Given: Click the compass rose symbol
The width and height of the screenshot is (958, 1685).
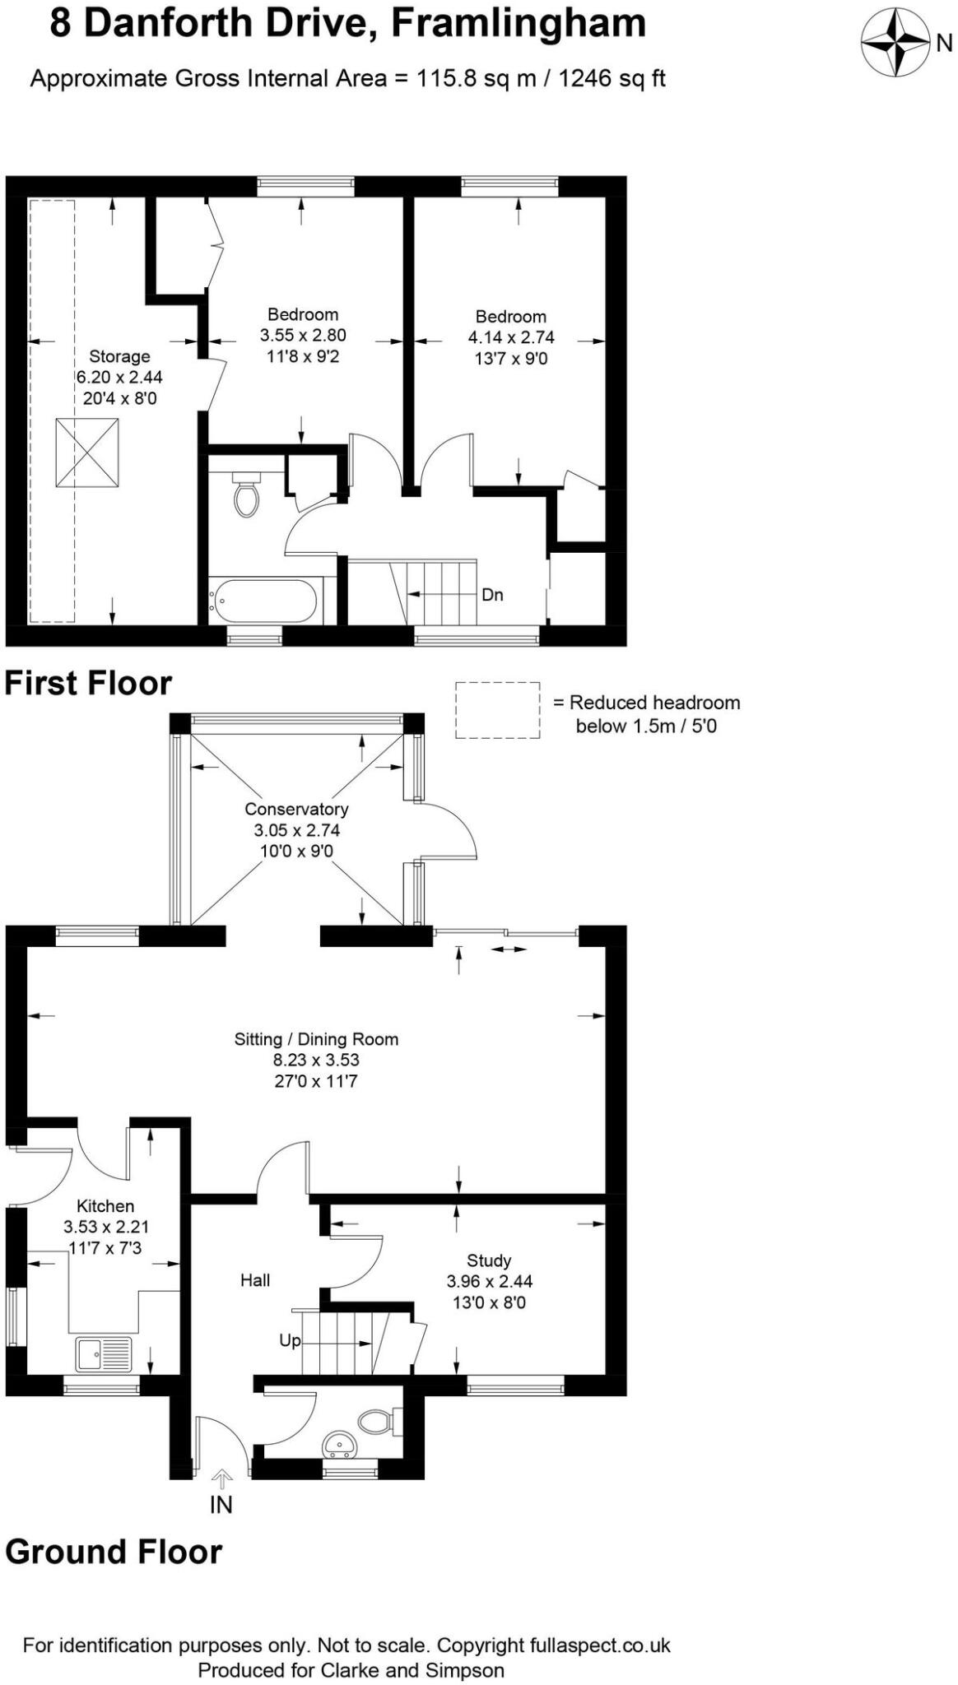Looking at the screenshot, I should [x=895, y=42].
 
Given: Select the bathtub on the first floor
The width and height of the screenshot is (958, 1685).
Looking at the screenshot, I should [x=263, y=601].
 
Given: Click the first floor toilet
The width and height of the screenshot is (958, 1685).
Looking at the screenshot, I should [x=245, y=494].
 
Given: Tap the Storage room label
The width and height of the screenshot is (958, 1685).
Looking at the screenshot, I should [x=119, y=356].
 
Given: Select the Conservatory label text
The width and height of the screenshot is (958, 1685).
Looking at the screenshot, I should [x=296, y=809].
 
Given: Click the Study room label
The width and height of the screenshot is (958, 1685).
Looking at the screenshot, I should [x=489, y=1260].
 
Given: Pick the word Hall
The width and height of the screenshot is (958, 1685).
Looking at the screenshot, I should [x=255, y=1279].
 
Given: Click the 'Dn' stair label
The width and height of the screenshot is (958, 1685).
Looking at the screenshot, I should [x=492, y=595].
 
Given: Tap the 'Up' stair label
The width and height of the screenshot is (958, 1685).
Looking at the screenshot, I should [x=290, y=1340].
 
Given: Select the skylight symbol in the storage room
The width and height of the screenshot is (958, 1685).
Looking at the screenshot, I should [x=87, y=453].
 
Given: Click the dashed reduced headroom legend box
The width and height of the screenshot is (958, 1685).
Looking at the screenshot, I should [x=498, y=710].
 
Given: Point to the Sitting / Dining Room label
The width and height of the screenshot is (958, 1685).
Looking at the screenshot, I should [x=316, y=1039].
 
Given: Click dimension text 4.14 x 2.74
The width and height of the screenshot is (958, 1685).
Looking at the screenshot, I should [x=511, y=337].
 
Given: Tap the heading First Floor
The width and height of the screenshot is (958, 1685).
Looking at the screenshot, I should [x=88, y=684].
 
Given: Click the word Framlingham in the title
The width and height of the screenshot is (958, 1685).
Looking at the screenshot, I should [x=518, y=23].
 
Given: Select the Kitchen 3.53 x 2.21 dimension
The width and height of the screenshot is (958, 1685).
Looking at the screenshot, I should [x=106, y=1227].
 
